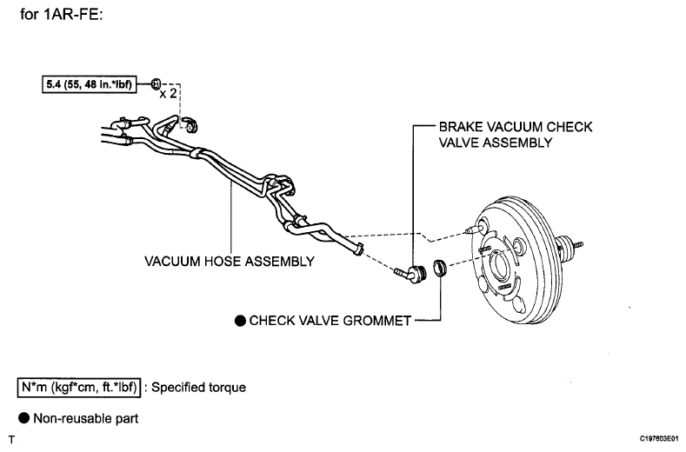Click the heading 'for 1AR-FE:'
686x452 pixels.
(61, 14)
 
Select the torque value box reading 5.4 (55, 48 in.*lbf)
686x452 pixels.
(90, 84)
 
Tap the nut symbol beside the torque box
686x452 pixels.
(157, 83)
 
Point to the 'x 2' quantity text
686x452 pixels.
(168, 93)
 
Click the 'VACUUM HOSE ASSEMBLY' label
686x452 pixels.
(230, 262)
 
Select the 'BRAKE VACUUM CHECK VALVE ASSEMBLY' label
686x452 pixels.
(516, 135)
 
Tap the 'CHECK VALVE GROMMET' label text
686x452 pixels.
(330, 321)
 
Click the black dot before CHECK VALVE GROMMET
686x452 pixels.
(240, 321)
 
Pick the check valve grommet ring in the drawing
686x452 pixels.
(440, 269)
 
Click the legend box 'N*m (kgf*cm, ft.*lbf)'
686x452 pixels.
(79, 388)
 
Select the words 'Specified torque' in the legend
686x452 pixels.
(198, 388)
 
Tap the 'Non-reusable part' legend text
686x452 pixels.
(86, 419)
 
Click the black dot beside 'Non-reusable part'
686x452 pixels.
(23, 418)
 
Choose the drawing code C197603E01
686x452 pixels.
(659, 438)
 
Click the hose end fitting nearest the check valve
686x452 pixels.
(359, 248)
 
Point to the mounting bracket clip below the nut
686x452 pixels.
(190, 124)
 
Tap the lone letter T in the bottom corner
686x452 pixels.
(12, 440)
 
